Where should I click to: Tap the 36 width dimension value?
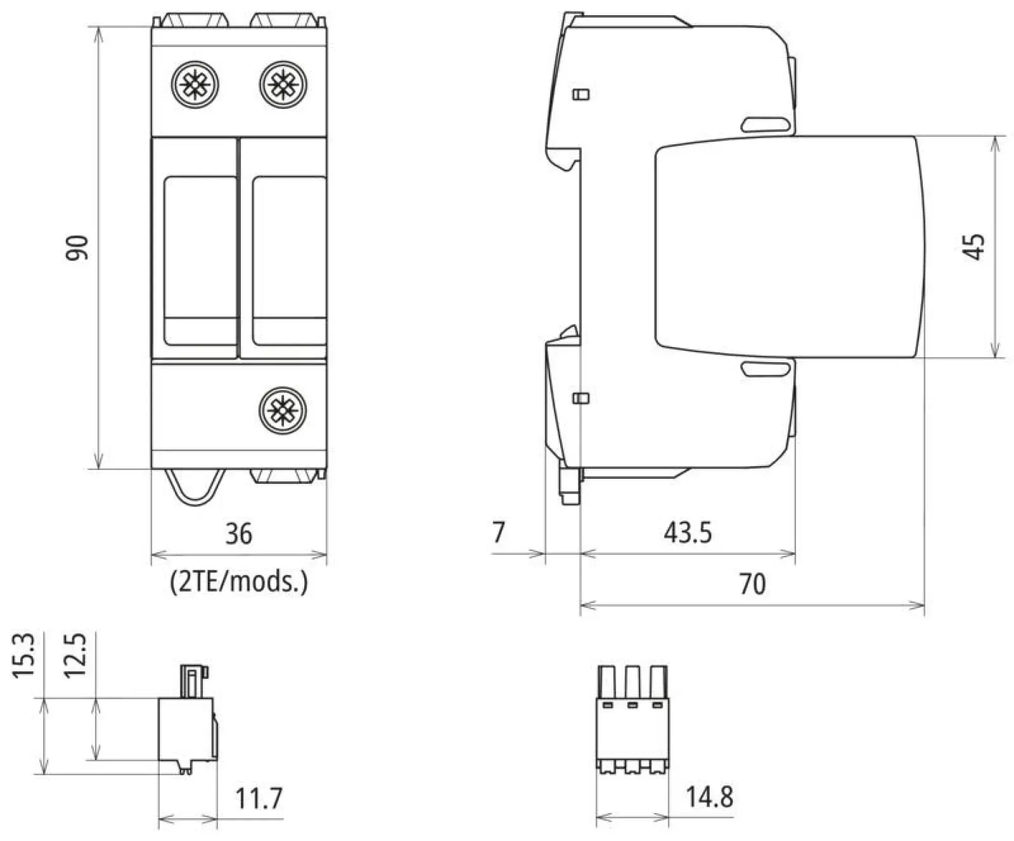pyautogui.click(x=238, y=534)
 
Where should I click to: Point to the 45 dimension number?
pyautogui.click(x=974, y=247)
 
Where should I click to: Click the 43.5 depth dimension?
pyautogui.click(x=687, y=532)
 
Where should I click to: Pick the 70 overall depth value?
pyautogui.click(x=752, y=584)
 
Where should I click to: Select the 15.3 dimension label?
pyautogui.click(x=24, y=655)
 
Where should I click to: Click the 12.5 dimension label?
pyautogui.click(x=75, y=655)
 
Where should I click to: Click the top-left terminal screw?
pyautogui.click(x=195, y=85)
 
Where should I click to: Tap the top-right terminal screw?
pyautogui.click(x=283, y=85)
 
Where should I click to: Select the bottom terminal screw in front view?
pyautogui.click(x=283, y=410)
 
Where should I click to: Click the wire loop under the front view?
pyautogui.click(x=195, y=486)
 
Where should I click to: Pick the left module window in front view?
pyautogui.click(x=201, y=260)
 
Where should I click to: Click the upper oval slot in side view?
pyautogui.click(x=766, y=125)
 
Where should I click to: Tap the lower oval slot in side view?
pyautogui.click(x=766, y=368)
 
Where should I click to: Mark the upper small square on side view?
pyautogui.click(x=581, y=94)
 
